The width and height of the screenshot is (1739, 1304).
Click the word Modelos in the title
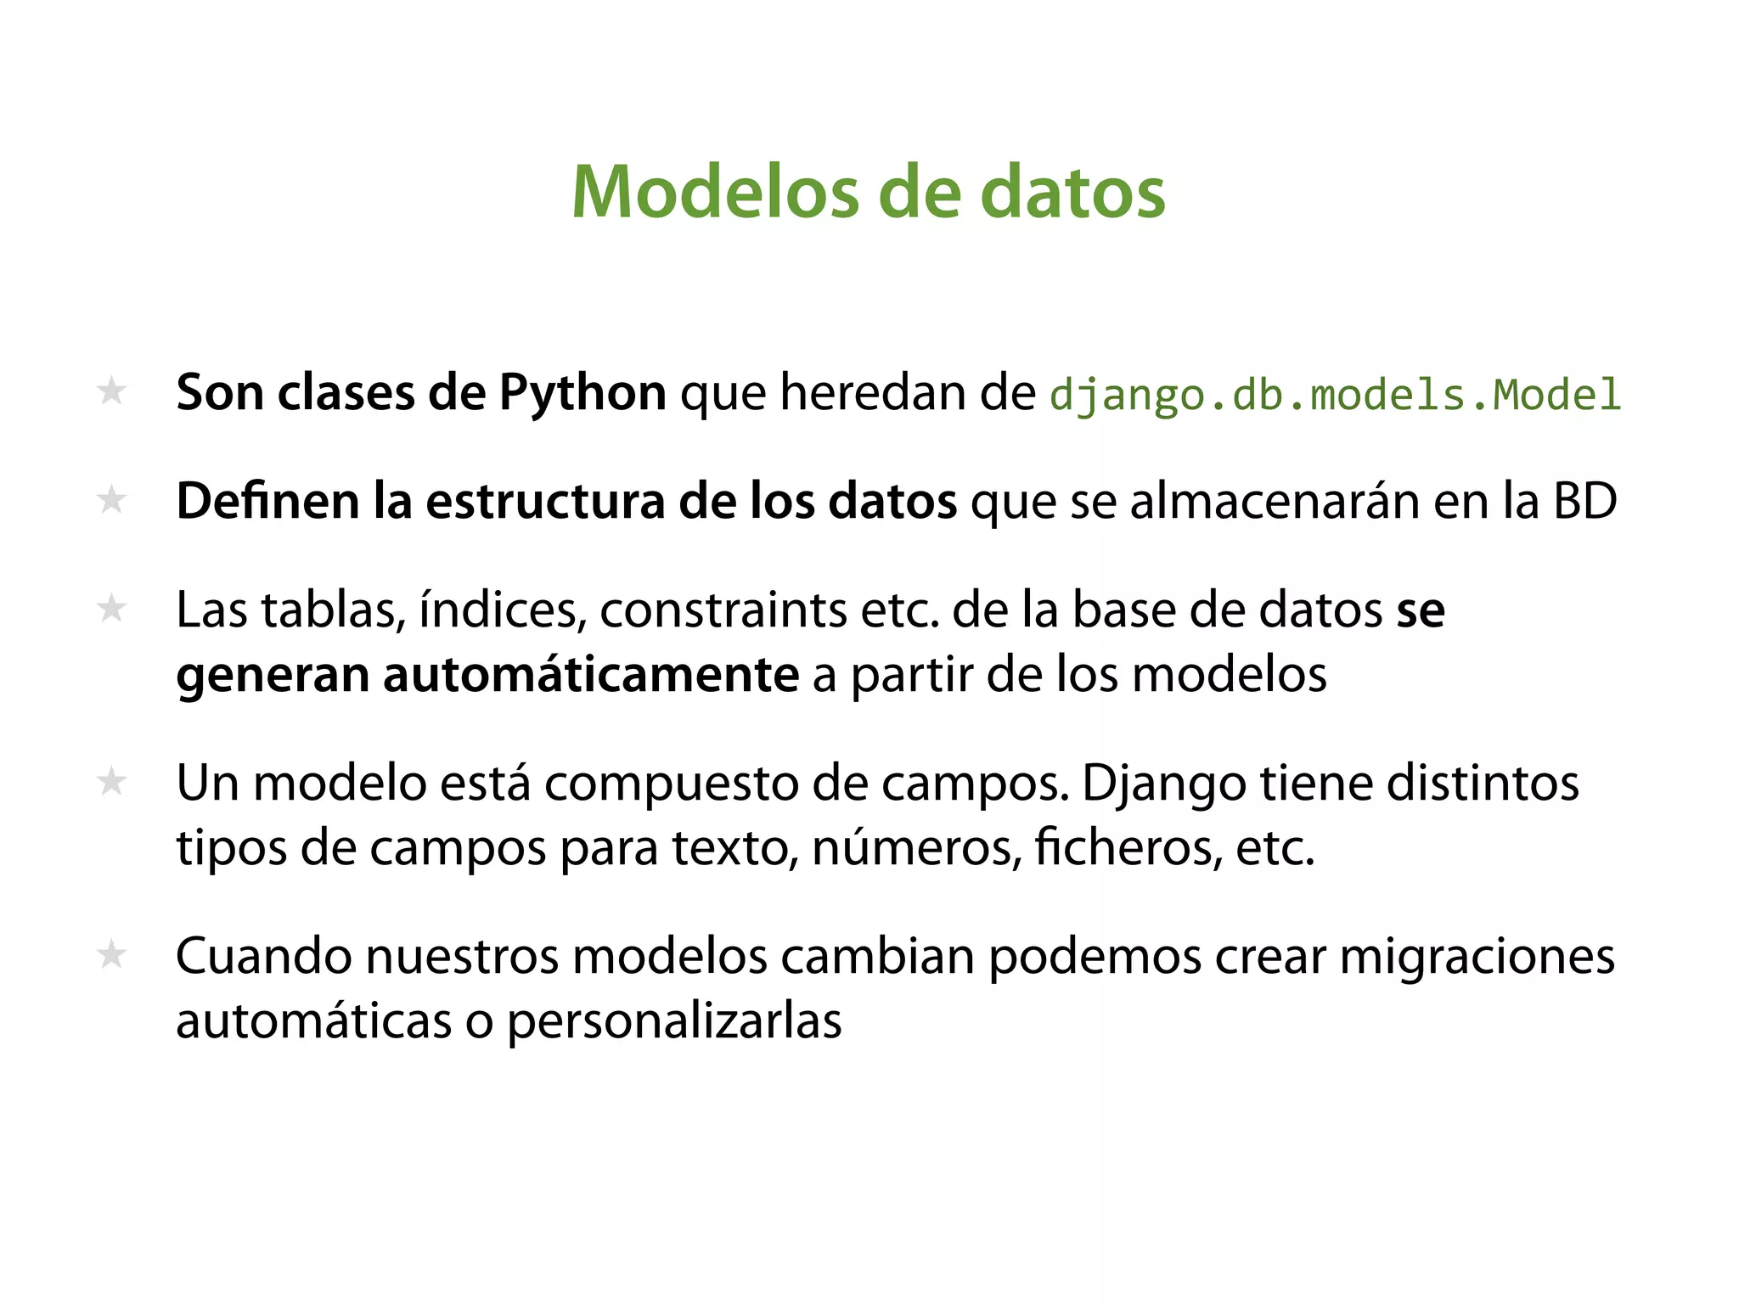pyautogui.click(x=716, y=193)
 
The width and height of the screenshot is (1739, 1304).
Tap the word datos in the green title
pyautogui.click(x=1072, y=193)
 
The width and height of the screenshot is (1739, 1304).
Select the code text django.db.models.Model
pyautogui.click(x=1335, y=396)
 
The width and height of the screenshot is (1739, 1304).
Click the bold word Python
pyautogui.click(x=582, y=394)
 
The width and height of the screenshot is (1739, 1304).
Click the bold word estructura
pyautogui.click(x=545, y=501)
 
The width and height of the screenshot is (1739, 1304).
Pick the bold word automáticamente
pyautogui.click(x=590, y=676)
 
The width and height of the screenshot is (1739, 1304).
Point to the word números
pyautogui.click(x=917, y=847)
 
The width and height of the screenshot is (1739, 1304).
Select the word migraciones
pyautogui.click(x=1477, y=956)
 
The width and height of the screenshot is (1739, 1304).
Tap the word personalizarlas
pyautogui.click(x=674, y=1021)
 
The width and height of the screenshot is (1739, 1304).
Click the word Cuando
pyautogui.click(x=264, y=956)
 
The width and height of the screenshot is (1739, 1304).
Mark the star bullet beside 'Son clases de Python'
pyautogui.click(x=112, y=391)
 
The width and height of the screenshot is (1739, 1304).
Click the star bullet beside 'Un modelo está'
pyautogui.click(x=112, y=781)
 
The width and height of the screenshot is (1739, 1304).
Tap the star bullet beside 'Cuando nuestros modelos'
pyautogui.click(x=112, y=955)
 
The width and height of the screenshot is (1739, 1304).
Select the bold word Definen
pyautogui.click(x=268, y=501)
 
